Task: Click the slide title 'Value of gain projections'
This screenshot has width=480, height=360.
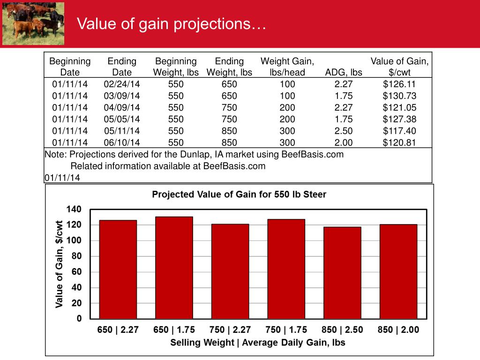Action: tap(172, 24)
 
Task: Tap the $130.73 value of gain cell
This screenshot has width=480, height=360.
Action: tap(399, 96)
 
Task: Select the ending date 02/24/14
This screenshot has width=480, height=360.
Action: tap(122, 84)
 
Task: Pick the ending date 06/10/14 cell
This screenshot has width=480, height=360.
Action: tap(122, 142)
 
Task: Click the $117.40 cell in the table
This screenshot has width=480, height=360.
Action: tap(399, 131)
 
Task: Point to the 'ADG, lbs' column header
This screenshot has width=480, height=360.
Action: tap(344, 73)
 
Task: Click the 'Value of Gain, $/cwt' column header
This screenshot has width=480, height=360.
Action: tap(399, 67)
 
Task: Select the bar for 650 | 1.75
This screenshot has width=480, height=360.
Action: tap(174, 267)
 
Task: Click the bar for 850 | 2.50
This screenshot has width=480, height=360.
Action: tap(342, 272)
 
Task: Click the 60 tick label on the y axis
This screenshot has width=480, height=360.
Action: tap(76, 272)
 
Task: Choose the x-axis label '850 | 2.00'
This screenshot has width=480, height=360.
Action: tap(398, 330)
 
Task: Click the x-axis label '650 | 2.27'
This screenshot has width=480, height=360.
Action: tap(118, 330)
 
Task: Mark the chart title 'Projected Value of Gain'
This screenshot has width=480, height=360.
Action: tap(239, 195)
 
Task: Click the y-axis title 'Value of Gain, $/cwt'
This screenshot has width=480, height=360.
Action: tap(60, 264)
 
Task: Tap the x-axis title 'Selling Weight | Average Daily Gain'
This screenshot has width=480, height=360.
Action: tap(257, 343)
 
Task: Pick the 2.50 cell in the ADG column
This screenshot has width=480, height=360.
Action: tap(344, 131)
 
